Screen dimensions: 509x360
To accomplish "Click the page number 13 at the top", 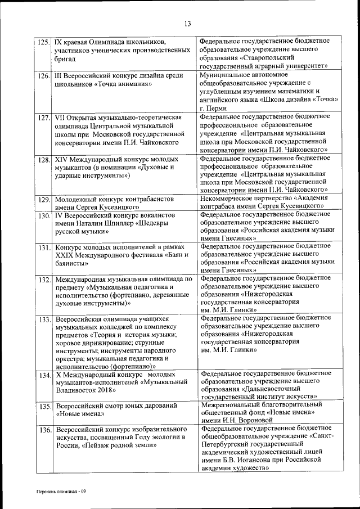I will click(x=187, y=23).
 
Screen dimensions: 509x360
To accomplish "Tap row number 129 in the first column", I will click(x=43, y=200).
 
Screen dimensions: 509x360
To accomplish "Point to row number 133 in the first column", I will click(x=43, y=320).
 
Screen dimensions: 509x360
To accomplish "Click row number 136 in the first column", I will click(x=43, y=430).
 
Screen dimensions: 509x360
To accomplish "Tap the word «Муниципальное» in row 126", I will click(x=226, y=74).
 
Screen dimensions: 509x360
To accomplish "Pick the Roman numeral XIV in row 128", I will click(x=62, y=160).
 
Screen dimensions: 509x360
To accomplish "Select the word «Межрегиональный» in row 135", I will click(x=229, y=404).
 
